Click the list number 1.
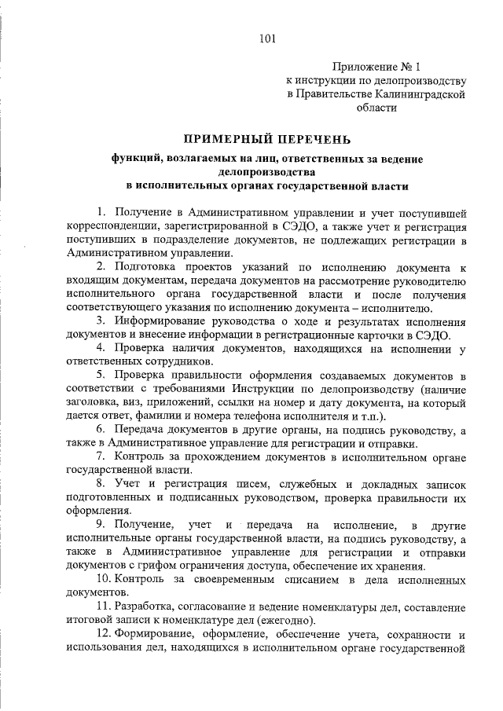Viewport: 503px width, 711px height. (x=101, y=212)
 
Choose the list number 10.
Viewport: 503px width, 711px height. (x=104, y=579)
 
